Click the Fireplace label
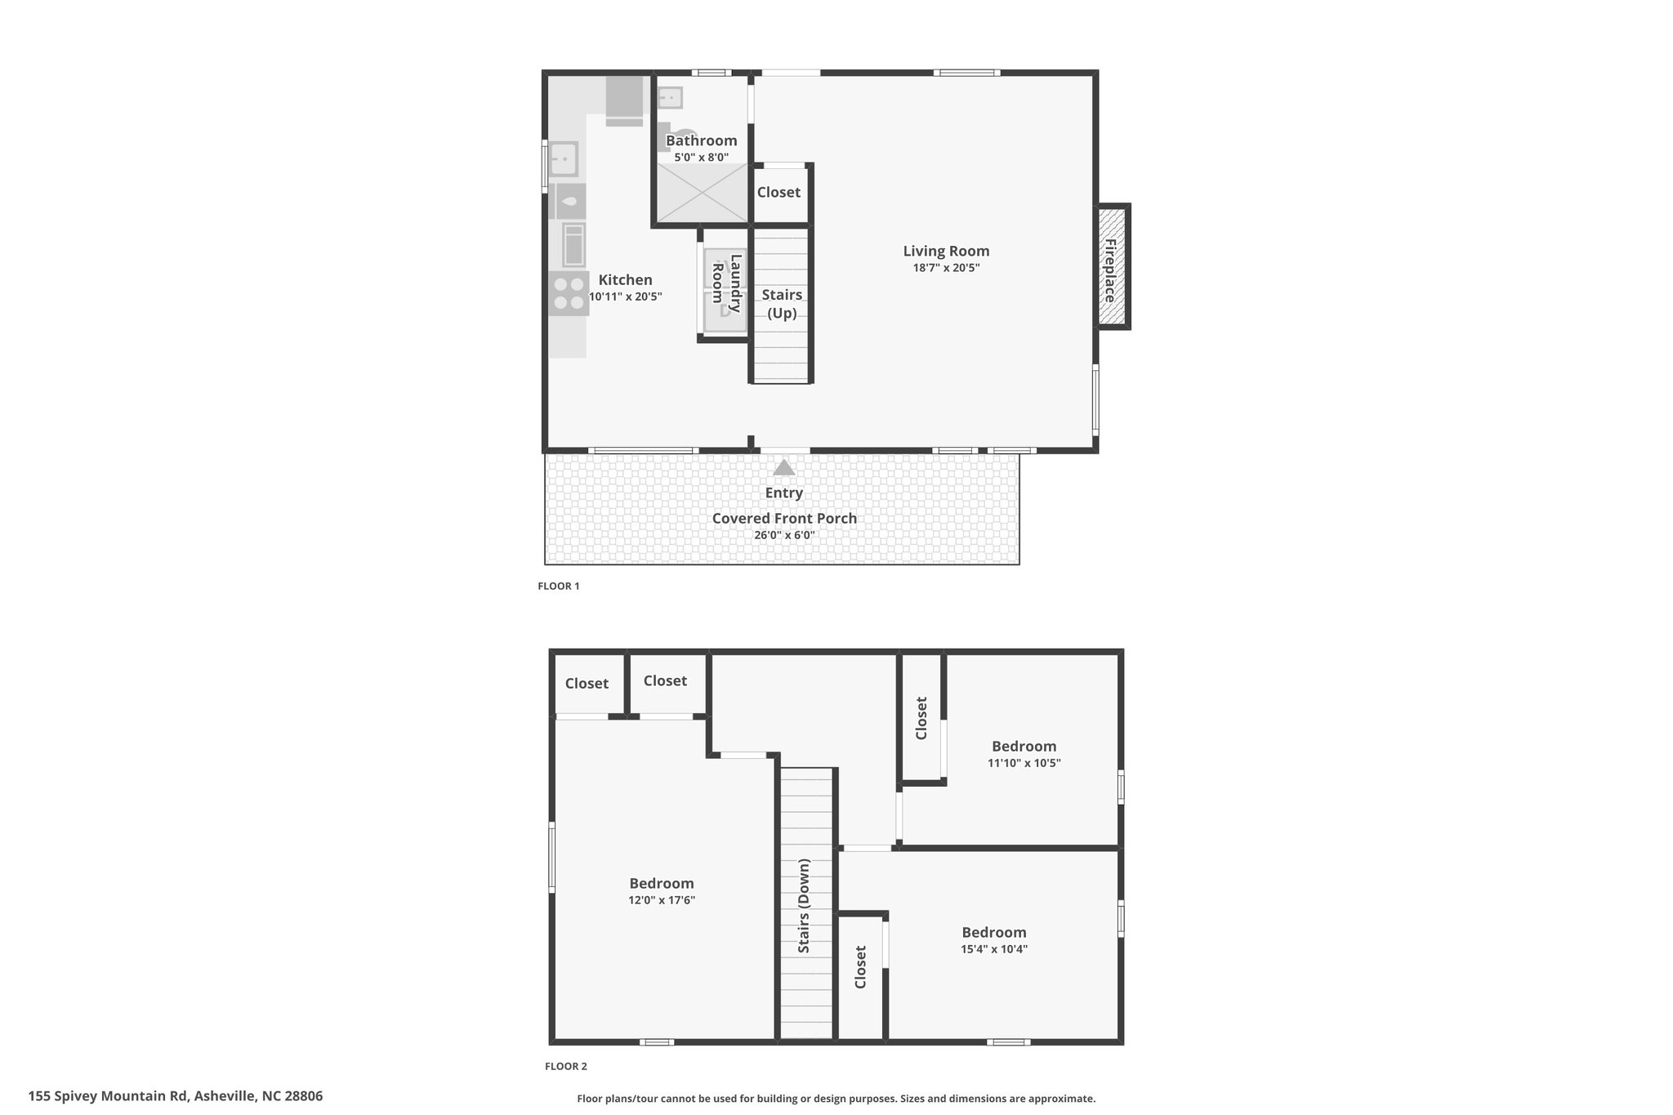click(1110, 270)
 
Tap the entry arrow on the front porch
click(784, 467)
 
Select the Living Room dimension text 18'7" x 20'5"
click(946, 268)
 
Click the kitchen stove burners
click(568, 295)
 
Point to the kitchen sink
click(564, 158)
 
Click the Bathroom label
click(701, 140)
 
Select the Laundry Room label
click(726, 283)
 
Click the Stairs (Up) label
click(782, 303)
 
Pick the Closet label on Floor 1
click(779, 192)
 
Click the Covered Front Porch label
click(784, 518)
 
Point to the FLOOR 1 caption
click(559, 586)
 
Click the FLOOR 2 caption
click(566, 1066)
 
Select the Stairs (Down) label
click(804, 906)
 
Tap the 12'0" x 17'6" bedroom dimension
click(662, 900)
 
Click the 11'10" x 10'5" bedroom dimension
click(1024, 763)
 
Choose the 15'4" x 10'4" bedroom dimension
click(994, 949)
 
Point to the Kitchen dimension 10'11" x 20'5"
click(626, 297)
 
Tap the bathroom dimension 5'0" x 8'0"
click(701, 157)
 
